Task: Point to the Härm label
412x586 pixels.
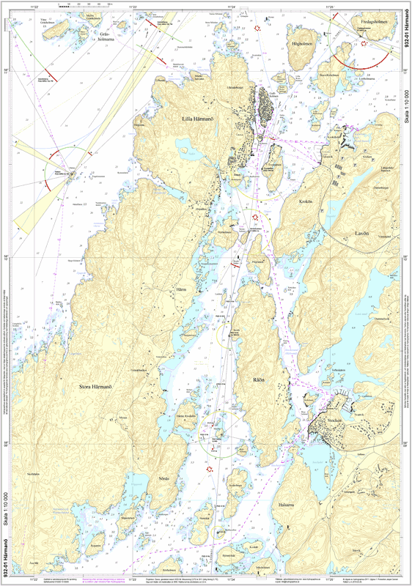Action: click(x=182, y=289)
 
